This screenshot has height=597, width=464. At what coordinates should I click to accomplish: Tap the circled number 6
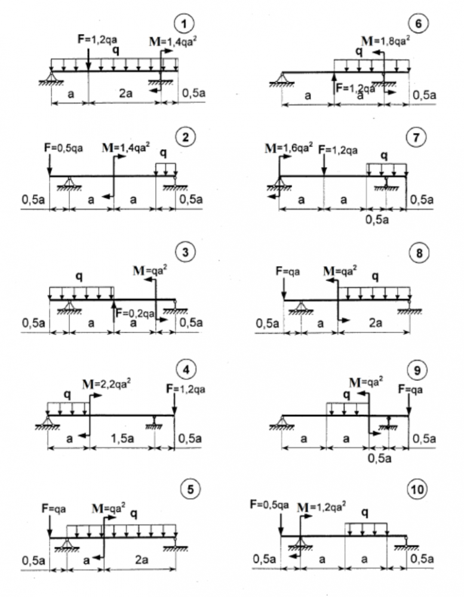pos(417,24)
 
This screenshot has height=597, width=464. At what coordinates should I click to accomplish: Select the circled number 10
pos(417,490)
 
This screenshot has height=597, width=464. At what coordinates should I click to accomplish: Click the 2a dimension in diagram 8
pos(374,323)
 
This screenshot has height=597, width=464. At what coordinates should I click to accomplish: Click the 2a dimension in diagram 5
pos(139,562)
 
